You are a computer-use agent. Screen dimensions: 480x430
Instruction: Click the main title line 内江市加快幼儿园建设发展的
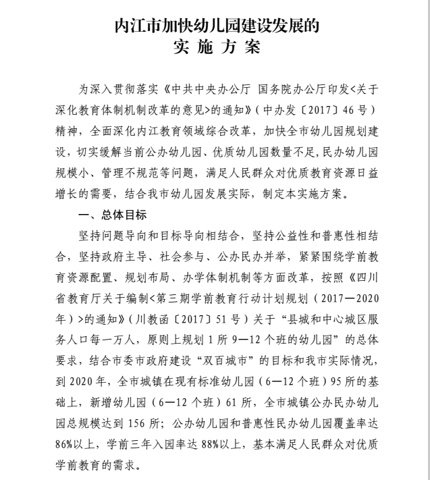point(215,27)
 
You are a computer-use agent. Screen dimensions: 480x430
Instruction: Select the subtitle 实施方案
point(215,50)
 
